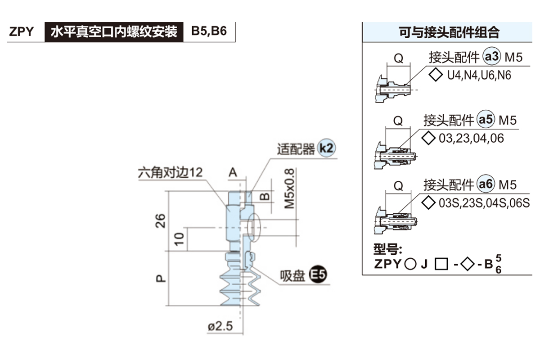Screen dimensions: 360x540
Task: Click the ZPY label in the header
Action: click(x=22, y=32)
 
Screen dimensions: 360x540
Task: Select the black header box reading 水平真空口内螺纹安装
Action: click(x=114, y=32)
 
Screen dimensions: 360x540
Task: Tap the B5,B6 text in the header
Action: click(x=209, y=31)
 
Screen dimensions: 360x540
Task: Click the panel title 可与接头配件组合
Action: click(x=449, y=32)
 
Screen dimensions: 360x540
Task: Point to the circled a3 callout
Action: click(x=491, y=57)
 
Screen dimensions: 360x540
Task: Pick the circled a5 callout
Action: click(x=486, y=120)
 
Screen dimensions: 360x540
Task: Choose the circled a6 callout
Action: click(x=486, y=184)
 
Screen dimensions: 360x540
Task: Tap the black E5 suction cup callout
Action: click(x=318, y=274)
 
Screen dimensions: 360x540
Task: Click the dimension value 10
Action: click(x=180, y=239)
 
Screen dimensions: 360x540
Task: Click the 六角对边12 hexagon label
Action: click(x=170, y=172)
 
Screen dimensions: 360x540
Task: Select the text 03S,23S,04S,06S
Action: click(x=484, y=202)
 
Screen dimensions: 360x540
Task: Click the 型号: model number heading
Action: click(x=387, y=249)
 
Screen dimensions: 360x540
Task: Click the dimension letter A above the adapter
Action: click(x=233, y=172)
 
